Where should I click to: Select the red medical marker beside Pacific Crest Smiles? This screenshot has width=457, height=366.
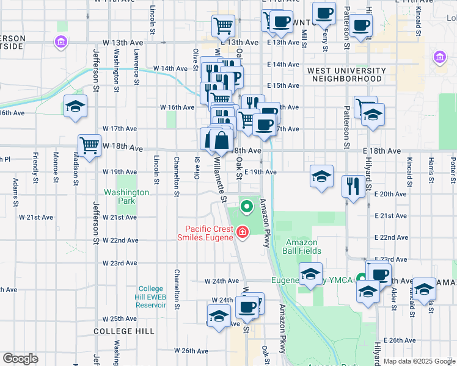pos(243,232)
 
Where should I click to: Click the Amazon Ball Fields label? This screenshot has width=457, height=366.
pos(304,246)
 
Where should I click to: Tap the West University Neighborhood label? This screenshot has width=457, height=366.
pos(346,74)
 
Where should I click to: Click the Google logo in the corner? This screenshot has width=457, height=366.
pos(20,359)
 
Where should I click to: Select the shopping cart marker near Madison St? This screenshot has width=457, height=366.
pos(89,146)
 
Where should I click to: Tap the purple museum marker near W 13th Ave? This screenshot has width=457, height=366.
pos(60,41)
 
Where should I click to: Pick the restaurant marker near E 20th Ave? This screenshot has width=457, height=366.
pos(353,185)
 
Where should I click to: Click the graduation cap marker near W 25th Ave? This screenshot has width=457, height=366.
pos(218,316)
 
